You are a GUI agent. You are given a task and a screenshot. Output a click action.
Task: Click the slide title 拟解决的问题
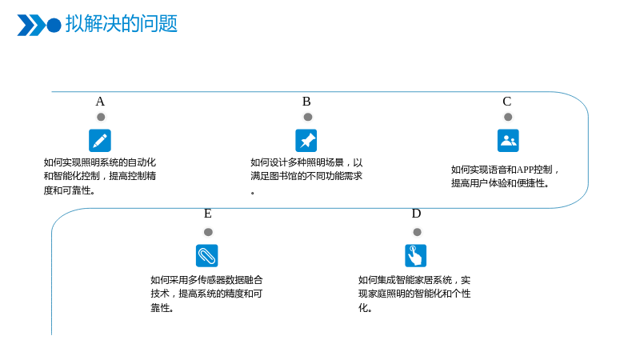click(x=122, y=24)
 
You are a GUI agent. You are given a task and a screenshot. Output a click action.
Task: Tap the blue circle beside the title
click(x=54, y=25)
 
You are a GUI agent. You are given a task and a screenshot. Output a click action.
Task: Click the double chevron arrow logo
click(x=31, y=25)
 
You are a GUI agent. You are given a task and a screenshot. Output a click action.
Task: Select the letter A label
click(x=100, y=102)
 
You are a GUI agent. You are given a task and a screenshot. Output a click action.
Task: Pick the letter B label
click(x=306, y=102)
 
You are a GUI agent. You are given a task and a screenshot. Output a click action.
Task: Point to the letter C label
click(x=507, y=102)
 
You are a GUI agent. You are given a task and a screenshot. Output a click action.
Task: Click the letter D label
click(x=416, y=214)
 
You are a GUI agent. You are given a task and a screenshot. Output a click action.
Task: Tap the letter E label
click(x=208, y=214)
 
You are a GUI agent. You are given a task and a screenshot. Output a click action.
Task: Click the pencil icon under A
click(x=100, y=141)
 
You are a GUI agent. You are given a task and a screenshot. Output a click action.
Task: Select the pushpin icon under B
click(x=306, y=141)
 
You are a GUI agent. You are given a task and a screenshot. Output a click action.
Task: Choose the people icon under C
click(x=508, y=141)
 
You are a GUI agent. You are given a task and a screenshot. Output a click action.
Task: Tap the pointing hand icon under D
click(x=415, y=255)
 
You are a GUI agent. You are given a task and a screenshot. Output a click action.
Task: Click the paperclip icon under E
click(x=207, y=255)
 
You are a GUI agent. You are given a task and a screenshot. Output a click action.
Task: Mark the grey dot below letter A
click(x=101, y=117)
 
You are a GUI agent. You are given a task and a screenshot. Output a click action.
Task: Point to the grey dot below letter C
click(x=508, y=117)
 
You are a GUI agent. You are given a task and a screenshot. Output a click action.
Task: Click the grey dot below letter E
click(x=208, y=232)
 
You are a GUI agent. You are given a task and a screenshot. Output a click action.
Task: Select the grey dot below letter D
click(x=417, y=232)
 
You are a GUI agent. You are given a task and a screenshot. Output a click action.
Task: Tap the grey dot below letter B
click(x=308, y=117)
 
